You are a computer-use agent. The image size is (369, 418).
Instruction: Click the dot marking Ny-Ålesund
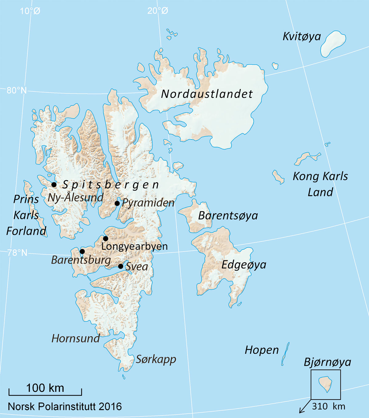tap(54, 185)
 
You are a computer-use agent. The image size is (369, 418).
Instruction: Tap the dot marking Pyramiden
tap(117, 203)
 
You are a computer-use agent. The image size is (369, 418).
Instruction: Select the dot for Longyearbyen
tap(105, 239)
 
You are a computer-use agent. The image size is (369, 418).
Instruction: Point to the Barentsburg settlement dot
tap(82, 252)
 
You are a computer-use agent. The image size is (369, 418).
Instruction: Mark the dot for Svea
tap(121, 266)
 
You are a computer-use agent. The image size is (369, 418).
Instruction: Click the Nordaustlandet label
tap(207, 94)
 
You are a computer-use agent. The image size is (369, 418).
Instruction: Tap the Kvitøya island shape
tap(333, 44)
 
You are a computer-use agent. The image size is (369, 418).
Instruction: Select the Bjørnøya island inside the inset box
tap(326, 384)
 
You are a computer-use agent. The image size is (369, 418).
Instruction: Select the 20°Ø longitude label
tap(158, 11)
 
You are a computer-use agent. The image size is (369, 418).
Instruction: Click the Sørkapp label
tap(156, 359)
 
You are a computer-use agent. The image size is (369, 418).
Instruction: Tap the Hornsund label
tap(76, 338)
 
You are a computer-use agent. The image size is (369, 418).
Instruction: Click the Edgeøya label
tap(244, 265)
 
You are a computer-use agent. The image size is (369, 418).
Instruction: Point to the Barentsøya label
tap(228, 216)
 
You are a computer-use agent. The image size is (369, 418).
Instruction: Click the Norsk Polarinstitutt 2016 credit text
tap(65, 407)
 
